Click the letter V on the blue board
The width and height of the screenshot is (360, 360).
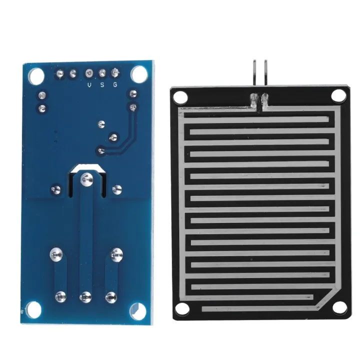pos(89,85)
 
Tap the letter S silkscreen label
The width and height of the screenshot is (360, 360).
pos(102,85)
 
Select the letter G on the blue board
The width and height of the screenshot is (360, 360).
pos(115,85)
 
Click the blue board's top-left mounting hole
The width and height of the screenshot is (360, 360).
pos(35,75)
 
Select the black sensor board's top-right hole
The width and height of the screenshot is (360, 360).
pos(338,93)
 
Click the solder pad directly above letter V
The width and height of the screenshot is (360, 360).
pos(89,73)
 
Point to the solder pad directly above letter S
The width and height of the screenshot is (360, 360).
pos(102,73)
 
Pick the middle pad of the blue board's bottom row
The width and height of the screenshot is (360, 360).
pos(85,296)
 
